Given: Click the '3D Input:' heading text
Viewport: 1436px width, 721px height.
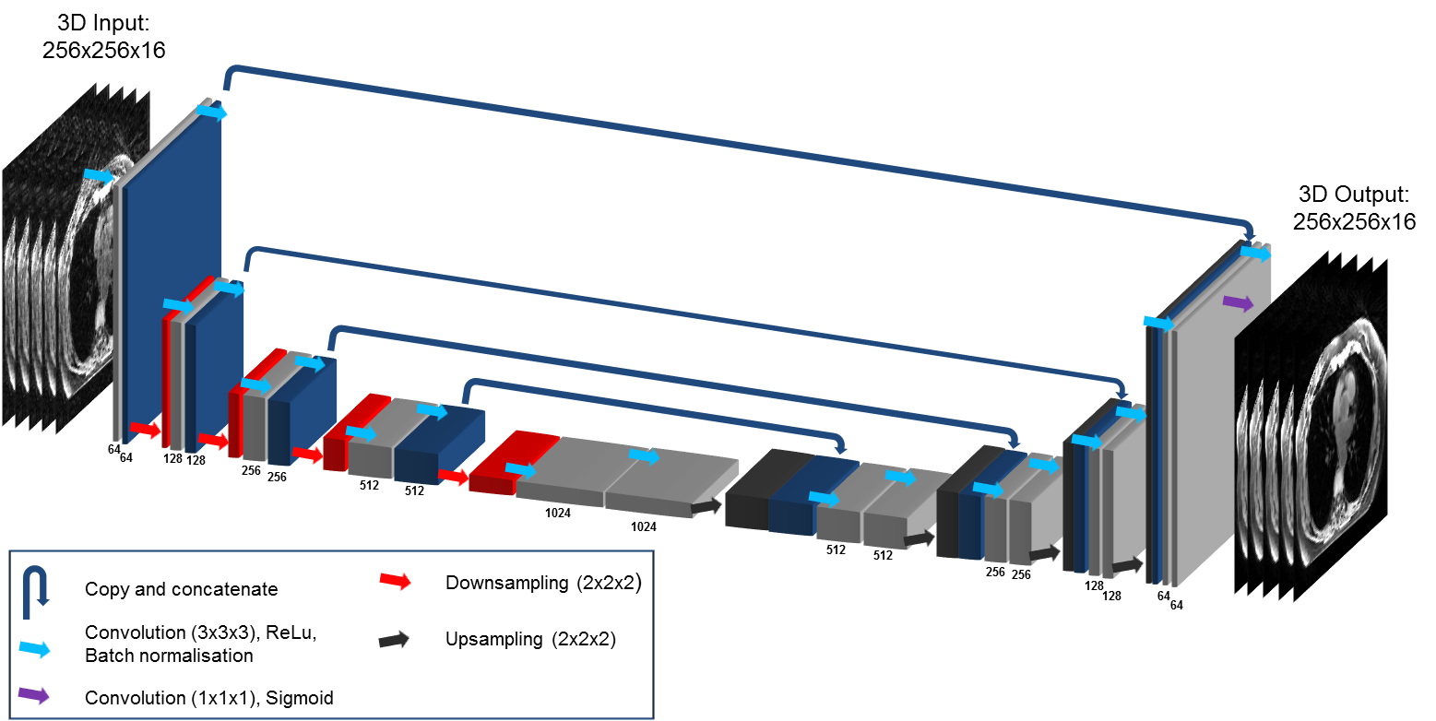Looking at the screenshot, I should click(103, 23).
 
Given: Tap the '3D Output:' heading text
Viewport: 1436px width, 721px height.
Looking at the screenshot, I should click(1354, 195).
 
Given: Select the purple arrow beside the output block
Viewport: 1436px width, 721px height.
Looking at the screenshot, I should click(1238, 302).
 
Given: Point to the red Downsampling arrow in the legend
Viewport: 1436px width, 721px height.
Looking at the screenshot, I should click(395, 582).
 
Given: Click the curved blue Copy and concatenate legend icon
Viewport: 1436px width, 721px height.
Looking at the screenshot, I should click(40, 588).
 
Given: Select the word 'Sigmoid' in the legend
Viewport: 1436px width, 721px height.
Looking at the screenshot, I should click(299, 698).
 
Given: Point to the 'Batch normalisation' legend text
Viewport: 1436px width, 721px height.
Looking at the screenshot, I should click(169, 656).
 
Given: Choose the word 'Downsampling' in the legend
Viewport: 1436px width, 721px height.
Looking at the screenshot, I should click(499, 583).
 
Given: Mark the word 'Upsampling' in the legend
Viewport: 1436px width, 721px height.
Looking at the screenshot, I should click(489, 639).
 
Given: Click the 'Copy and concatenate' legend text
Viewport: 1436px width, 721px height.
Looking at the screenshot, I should click(181, 589).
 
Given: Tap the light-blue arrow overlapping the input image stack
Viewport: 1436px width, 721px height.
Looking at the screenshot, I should click(99, 175).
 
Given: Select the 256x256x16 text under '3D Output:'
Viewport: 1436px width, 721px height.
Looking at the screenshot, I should click(1354, 221).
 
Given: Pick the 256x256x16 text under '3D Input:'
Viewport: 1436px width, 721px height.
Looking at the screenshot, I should click(103, 51).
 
